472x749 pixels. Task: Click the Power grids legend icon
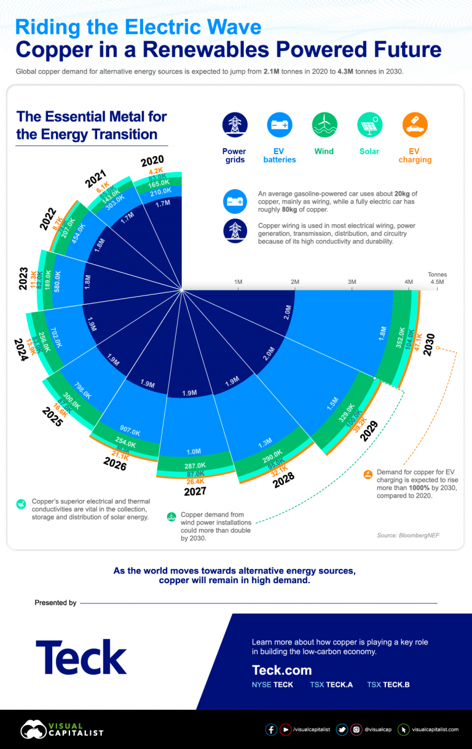click(x=235, y=125)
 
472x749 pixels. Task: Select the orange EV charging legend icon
click(x=415, y=125)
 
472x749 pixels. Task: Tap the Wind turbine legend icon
click(x=324, y=125)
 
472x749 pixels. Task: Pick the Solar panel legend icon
click(x=370, y=125)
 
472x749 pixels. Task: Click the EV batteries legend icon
click(x=280, y=125)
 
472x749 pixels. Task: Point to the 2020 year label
click(x=152, y=162)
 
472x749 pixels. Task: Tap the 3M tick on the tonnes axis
click(x=352, y=281)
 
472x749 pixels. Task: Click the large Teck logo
click(x=81, y=657)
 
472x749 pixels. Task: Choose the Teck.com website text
click(x=281, y=670)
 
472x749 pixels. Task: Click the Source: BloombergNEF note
click(x=408, y=536)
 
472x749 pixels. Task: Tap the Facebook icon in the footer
click(x=271, y=729)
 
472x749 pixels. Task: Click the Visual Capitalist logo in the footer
click(x=61, y=729)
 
